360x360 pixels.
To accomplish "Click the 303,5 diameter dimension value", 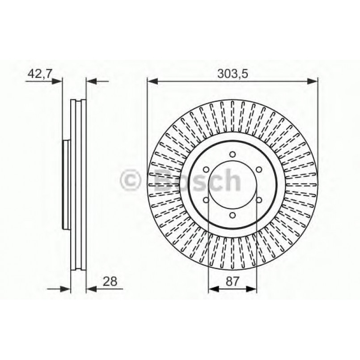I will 232,74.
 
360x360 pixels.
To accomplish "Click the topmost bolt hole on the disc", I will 232,155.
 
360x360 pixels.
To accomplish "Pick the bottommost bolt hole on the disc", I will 232,215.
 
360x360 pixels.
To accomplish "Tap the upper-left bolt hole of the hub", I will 206,170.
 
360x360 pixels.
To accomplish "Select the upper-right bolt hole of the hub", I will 258,170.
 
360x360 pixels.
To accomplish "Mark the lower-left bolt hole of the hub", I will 206,200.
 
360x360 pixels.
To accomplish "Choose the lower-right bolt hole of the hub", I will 258,200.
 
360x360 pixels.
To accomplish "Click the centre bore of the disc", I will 232,185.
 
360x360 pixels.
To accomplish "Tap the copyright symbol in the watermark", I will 131,181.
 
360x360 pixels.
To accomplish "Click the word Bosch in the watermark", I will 197,181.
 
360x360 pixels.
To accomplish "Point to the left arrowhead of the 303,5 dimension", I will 152,81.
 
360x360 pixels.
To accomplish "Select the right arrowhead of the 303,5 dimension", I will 313,81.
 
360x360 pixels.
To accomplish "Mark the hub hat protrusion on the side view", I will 65,185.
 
